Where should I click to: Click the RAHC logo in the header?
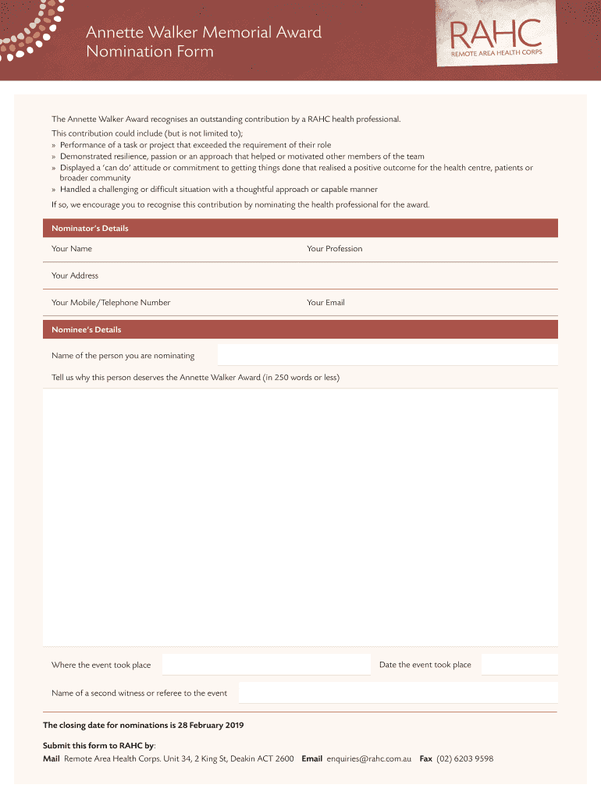pos(496,39)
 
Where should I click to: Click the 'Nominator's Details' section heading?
pos(90,229)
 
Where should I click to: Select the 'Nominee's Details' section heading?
pos(86,329)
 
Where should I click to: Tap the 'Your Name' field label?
pos(72,249)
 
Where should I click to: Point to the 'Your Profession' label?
pos(335,249)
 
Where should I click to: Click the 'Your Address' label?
pos(75,275)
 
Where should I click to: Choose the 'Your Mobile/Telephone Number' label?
pos(111,303)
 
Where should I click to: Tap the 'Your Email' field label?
pos(325,303)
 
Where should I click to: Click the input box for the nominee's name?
pos(387,355)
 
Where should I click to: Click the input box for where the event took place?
pos(265,665)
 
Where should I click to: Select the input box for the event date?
pos(519,665)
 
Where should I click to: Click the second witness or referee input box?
pos(398,693)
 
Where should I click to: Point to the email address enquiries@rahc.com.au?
pos(369,758)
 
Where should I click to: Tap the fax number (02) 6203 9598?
pos(465,758)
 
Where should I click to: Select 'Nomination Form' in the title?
pos(149,52)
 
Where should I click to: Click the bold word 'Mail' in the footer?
pos(52,758)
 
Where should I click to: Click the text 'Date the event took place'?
pos(425,665)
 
